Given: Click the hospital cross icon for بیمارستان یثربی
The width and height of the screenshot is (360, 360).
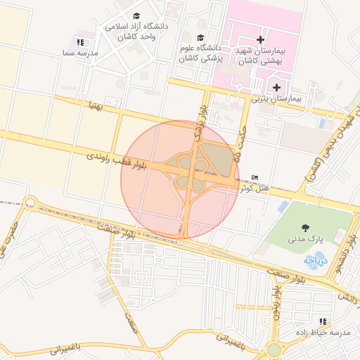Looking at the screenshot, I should [x=276, y=88].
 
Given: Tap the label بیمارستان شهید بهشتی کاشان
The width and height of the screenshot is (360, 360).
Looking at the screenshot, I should [x=261, y=57].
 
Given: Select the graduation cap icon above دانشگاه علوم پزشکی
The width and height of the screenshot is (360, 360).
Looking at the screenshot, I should [x=200, y=38].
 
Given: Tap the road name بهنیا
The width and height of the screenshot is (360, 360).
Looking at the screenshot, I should [x=96, y=106].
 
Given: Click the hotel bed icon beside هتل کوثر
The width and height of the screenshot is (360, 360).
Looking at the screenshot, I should [x=255, y=176].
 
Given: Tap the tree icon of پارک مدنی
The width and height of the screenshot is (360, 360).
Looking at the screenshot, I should [x=305, y=227].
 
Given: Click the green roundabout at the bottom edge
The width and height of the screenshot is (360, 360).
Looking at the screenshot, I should [x=274, y=350].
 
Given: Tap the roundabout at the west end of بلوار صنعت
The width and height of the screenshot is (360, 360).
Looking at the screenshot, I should [x=29, y=204].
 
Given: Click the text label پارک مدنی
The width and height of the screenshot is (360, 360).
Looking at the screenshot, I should [x=306, y=239].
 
